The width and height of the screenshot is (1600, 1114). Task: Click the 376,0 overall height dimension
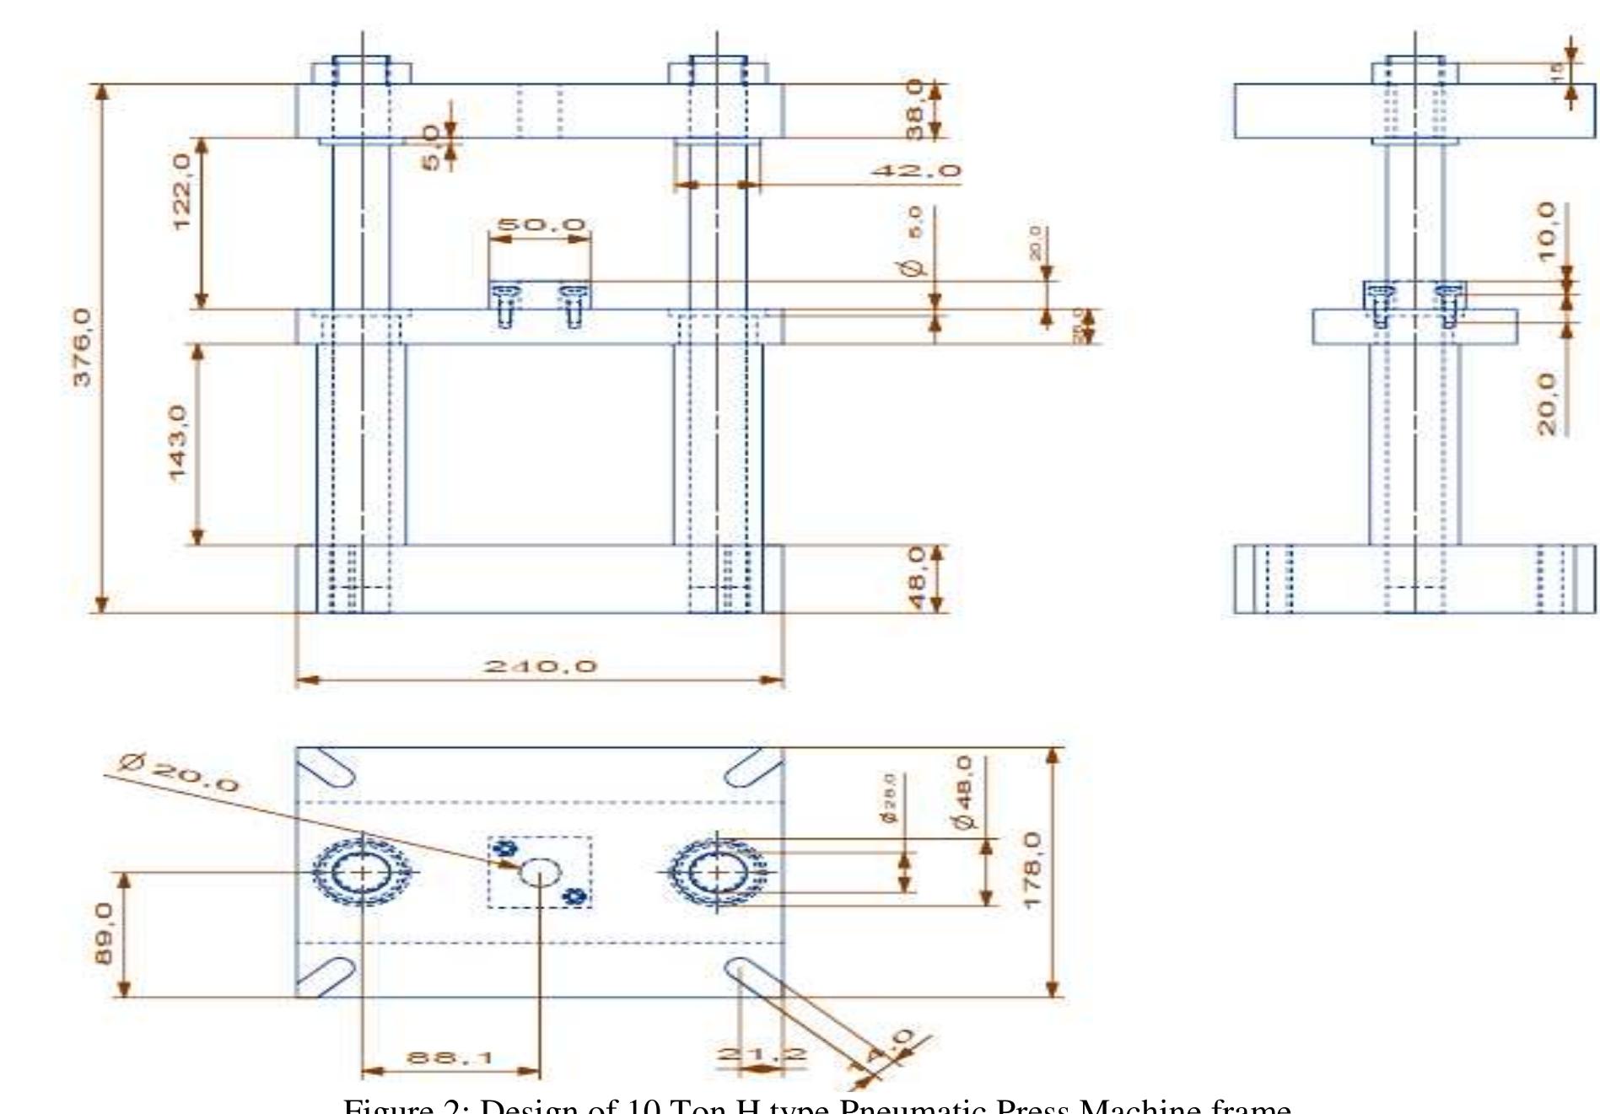click(x=82, y=347)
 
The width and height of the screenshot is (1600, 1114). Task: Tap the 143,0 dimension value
click(x=179, y=444)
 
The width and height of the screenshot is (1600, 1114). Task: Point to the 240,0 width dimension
click(x=541, y=666)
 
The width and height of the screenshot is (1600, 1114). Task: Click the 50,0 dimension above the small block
click(x=541, y=225)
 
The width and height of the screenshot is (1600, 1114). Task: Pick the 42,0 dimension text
click(x=916, y=171)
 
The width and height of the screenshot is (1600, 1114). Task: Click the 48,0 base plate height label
click(x=916, y=579)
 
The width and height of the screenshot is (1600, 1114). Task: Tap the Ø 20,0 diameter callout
click(x=179, y=773)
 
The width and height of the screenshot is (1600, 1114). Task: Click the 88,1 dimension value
click(x=450, y=1057)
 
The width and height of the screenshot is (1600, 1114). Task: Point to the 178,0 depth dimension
click(x=1032, y=870)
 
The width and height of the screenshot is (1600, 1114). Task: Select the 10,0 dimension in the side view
click(x=1546, y=231)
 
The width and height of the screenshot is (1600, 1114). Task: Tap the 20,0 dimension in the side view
click(x=1546, y=404)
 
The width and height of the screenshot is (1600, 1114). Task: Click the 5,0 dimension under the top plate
click(x=431, y=148)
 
